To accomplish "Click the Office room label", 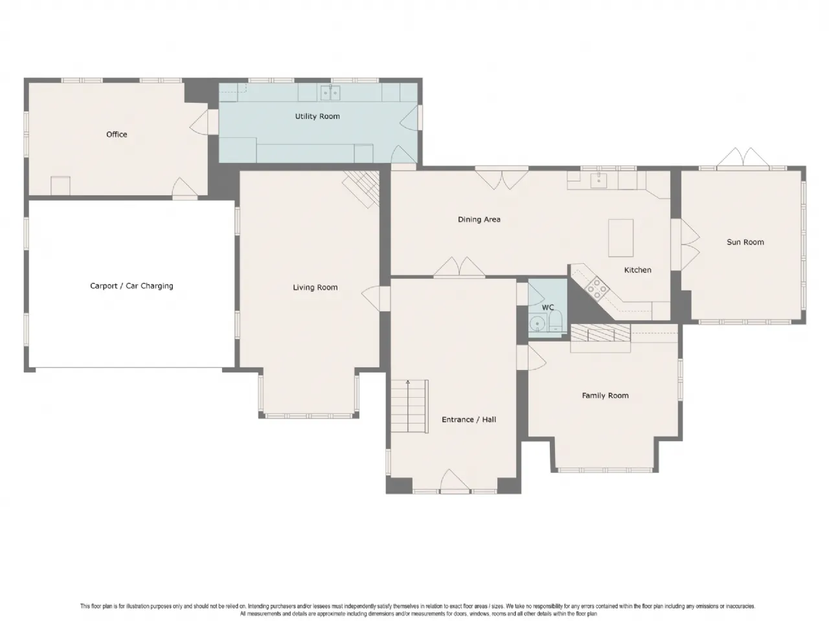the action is [117, 135].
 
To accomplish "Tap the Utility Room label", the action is [317, 116].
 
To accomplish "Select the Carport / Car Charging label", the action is [131, 286].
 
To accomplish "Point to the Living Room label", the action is [315, 288].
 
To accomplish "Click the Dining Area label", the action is [479, 219].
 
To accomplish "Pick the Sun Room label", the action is [745, 242].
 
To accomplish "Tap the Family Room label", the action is [605, 395].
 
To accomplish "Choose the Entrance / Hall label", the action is [469, 420].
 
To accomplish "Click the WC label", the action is [548, 308].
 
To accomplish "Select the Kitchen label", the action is [637, 270].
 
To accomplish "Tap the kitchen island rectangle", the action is [620, 238].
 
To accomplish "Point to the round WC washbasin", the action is [537, 324].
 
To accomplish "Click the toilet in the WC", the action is [556, 321].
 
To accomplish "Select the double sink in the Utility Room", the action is [330, 93].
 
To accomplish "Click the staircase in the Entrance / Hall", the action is [409, 406].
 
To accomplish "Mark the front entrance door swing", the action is [455, 481].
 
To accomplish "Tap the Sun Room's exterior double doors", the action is [743, 158].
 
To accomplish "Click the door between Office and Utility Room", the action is [199, 122].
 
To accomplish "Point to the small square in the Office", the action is [60, 186].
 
